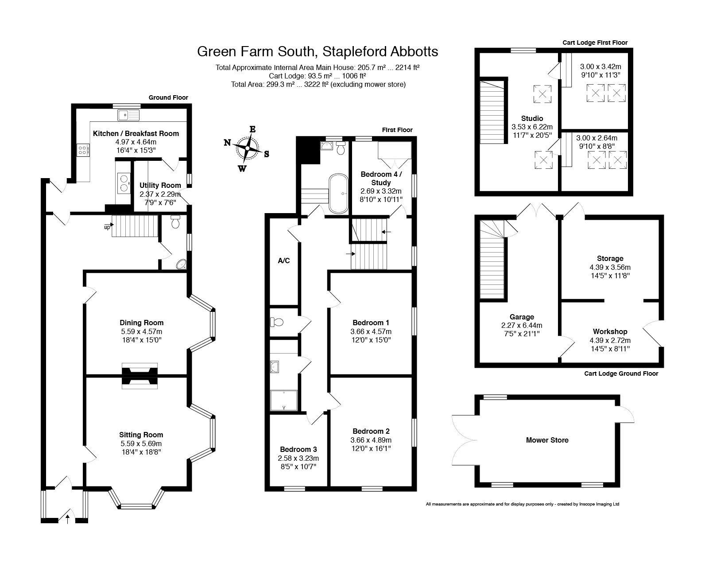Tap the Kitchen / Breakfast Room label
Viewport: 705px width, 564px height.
coord(136,133)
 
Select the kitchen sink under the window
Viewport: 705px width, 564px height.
coord(128,116)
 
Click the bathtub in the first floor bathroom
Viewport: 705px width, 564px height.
coord(338,193)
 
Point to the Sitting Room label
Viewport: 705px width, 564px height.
coord(141,435)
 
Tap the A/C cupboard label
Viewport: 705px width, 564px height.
coord(284,261)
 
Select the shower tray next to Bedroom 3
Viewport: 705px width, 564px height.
coord(284,400)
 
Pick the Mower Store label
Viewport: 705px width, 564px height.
coord(547,440)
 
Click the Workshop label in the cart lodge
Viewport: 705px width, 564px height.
coord(610,331)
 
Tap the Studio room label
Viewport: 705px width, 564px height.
coord(532,118)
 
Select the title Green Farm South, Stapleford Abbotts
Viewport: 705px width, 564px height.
coord(318,51)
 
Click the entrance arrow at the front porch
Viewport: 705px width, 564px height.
coord(67,518)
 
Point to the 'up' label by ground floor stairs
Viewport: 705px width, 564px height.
coord(107,227)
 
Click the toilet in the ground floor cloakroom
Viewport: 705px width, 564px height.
coord(175,222)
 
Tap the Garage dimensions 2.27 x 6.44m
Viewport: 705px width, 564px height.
coord(522,325)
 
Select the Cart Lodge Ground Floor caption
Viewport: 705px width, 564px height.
coord(621,373)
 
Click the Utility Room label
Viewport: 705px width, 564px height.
coord(160,185)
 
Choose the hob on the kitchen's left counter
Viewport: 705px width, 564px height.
coord(82,150)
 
